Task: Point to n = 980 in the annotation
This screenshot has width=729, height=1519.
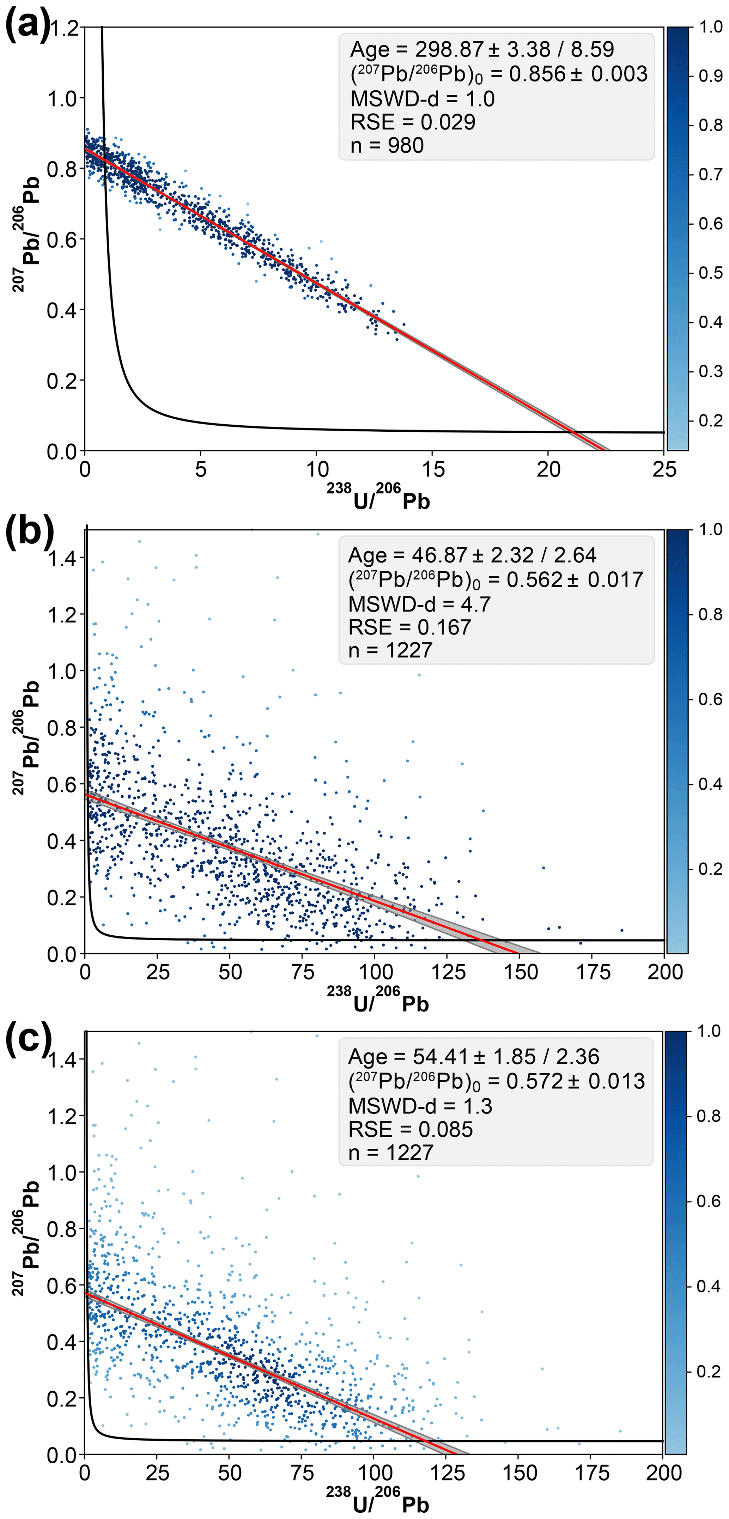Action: click(x=387, y=145)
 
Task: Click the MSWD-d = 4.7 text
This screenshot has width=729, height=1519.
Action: click(x=419, y=604)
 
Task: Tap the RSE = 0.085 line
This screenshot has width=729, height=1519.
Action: click(x=411, y=1129)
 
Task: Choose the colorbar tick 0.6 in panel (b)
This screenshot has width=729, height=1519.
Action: click(x=710, y=699)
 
